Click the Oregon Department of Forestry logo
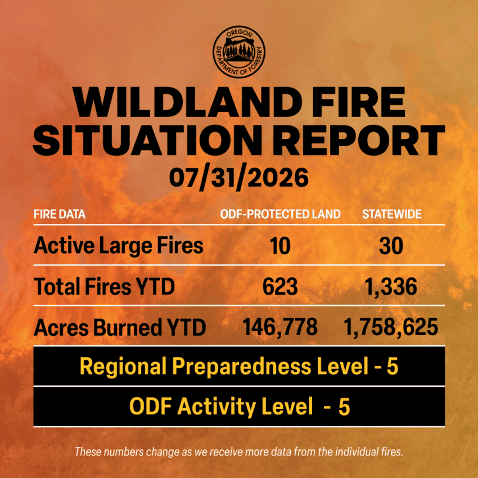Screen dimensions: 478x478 (238, 52)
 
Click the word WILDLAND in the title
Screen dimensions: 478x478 (187, 102)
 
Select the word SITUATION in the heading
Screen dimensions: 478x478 (147, 140)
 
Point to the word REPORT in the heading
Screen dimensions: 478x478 (358, 140)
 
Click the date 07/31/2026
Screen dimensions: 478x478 (238, 178)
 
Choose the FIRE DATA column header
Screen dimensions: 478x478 (60, 214)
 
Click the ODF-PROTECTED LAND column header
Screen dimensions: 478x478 (281, 214)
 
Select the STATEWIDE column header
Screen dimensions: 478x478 (392, 214)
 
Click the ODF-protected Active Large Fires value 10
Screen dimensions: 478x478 (280, 246)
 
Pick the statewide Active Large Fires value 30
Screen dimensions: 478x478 (391, 246)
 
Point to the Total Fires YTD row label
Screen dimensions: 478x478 (104, 287)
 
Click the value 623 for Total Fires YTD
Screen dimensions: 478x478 (280, 287)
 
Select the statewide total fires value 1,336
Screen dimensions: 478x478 (391, 287)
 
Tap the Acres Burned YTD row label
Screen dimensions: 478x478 (120, 327)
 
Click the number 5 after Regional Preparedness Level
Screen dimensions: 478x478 (393, 367)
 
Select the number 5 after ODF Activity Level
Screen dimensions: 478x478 (344, 407)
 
